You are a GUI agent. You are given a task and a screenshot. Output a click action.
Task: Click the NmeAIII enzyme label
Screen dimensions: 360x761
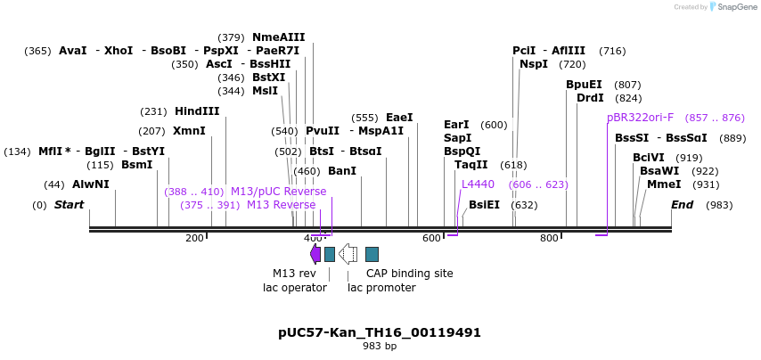point(278,37)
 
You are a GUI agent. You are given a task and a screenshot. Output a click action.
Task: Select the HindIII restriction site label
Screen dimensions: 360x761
point(197,111)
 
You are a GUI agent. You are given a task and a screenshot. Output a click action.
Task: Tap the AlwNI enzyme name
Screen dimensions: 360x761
point(91,184)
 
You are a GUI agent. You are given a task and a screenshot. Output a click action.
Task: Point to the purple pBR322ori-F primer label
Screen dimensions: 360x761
point(640,118)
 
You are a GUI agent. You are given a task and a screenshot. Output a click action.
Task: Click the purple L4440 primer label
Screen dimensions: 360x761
point(478,184)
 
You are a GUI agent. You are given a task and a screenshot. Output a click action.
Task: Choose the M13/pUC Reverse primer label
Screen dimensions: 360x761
point(278,192)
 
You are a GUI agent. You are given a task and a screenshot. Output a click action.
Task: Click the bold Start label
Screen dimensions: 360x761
point(69,205)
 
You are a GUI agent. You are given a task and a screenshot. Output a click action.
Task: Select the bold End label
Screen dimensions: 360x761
point(682,205)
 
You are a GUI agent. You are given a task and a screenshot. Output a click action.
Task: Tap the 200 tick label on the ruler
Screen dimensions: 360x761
point(194,238)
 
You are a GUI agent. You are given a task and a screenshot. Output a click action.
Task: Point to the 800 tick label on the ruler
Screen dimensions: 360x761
point(549,238)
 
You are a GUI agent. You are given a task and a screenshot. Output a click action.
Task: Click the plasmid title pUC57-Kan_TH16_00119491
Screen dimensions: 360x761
point(380,332)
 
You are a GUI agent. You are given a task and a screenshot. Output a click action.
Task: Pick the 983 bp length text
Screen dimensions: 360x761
point(380,346)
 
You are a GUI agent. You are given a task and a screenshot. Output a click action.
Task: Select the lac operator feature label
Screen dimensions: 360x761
point(294,288)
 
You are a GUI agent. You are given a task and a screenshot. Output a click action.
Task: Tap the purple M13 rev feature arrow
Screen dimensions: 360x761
point(315,254)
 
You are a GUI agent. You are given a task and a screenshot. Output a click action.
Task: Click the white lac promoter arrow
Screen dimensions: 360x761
point(348,254)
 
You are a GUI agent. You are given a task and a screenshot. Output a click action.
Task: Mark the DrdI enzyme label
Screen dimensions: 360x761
point(590,98)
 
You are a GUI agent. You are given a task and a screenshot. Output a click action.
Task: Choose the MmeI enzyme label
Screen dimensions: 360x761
point(664,184)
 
